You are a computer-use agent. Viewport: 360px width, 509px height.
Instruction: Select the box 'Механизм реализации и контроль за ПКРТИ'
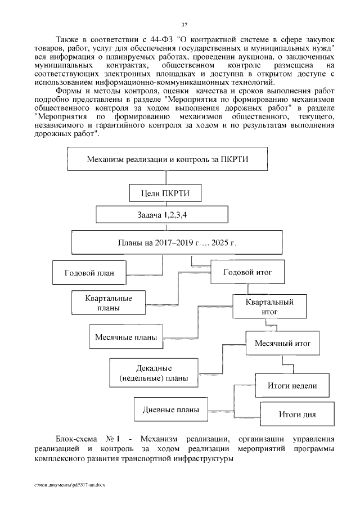pos(168,159)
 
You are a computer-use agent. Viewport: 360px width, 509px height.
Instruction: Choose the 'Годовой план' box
pos(89,273)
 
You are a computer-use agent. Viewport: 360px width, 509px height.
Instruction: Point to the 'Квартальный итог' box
pos(269,307)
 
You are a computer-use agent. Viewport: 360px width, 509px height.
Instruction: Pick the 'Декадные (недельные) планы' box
pos(154,373)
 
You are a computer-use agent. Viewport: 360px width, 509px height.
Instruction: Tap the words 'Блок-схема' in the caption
pos(75,439)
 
